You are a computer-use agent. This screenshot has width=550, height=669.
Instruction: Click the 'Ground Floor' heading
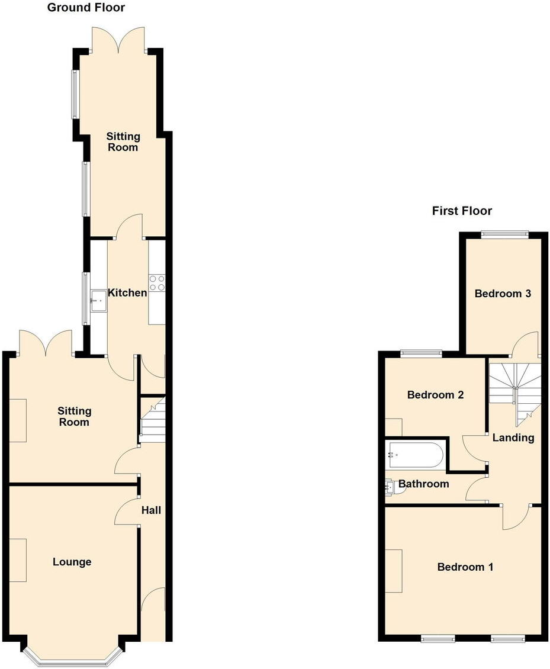(86, 8)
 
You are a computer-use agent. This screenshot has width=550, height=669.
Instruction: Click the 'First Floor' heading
(462, 211)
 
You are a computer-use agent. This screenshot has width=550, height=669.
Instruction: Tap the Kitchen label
(127, 292)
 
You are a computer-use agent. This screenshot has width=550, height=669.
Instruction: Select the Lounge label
(72, 562)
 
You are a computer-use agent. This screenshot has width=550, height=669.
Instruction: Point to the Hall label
(151, 510)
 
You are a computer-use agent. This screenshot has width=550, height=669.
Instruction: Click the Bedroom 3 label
(503, 293)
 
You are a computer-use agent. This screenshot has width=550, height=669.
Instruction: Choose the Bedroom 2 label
(435, 395)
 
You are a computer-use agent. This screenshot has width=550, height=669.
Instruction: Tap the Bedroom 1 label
(465, 567)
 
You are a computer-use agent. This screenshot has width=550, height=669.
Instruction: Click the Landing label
(513, 438)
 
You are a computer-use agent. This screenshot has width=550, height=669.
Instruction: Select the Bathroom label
(423, 484)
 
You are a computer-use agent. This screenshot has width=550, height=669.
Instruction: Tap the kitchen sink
(98, 300)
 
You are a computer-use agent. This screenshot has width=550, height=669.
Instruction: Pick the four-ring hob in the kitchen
(157, 283)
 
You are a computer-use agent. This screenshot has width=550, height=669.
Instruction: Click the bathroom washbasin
(391, 488)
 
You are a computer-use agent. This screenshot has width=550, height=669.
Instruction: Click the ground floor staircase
(152, 420)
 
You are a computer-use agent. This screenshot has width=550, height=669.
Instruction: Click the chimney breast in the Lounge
(17, 560)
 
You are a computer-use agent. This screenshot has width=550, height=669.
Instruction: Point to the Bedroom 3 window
(503, 234)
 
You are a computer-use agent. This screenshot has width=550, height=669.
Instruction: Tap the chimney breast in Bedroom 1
(394, 571)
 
